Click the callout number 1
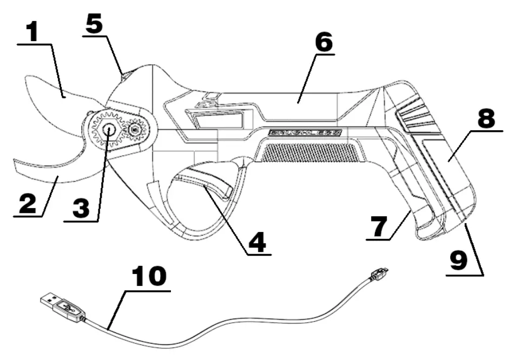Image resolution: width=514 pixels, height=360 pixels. point(34,34)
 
